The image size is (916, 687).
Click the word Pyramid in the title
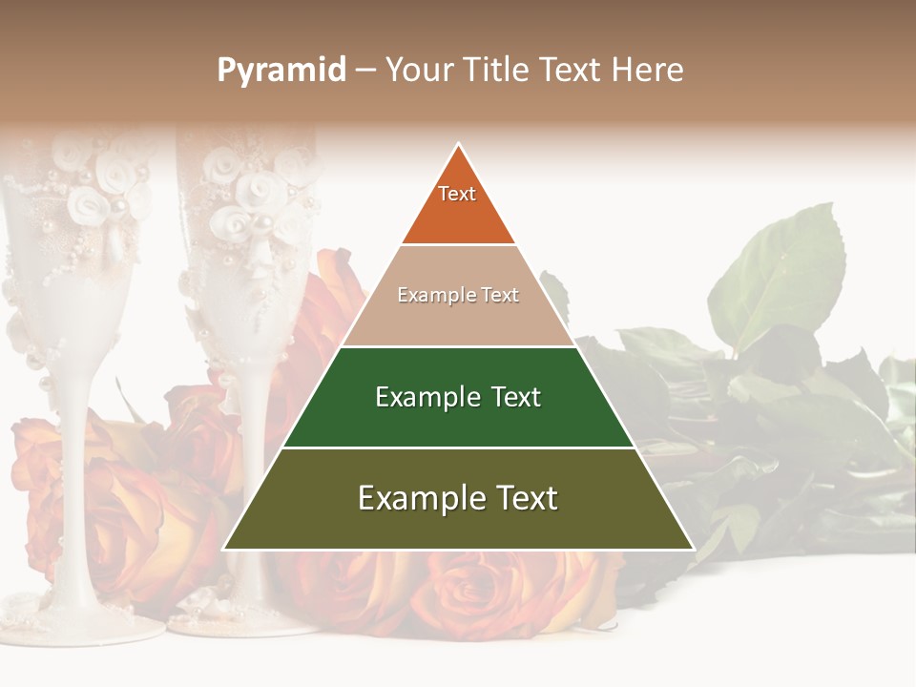281,70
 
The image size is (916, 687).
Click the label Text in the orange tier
457,194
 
